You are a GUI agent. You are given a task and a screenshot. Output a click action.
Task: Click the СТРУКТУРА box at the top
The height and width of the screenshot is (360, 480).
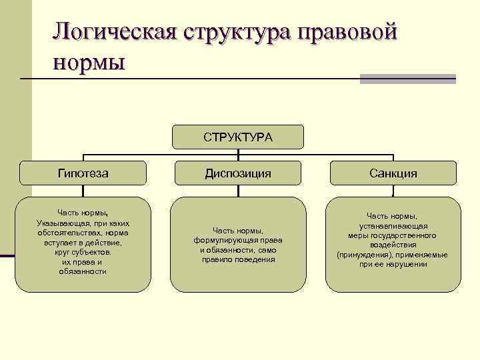click(238, 137)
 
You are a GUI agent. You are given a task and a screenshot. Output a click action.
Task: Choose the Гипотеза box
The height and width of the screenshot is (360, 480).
click(83, 173)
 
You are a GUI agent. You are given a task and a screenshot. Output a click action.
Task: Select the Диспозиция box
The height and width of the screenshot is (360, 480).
click(238, 173)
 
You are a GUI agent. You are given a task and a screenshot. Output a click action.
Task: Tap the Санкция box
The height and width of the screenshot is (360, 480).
click(393, 173)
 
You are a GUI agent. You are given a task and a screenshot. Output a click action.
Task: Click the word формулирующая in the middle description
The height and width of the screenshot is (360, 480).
click(222, 240)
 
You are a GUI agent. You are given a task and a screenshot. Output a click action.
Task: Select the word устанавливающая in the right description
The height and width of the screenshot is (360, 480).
click(393, 226)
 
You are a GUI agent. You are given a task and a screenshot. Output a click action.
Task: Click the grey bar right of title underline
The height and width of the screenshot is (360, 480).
click(407, 79)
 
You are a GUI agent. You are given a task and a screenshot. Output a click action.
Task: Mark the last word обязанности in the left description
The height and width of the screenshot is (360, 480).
click(83, 272)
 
